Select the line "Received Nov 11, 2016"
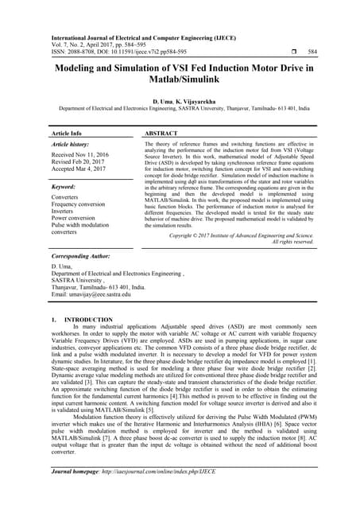pos(80,155)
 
